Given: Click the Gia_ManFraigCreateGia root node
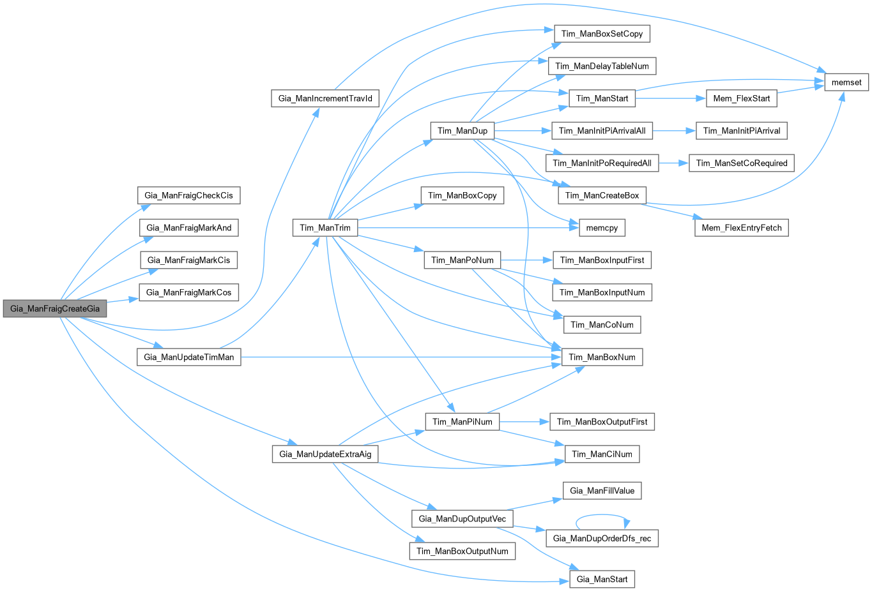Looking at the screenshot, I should tap(55, 309).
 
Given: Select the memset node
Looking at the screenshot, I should tap(846, 82).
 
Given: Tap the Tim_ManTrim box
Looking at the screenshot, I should tap(325, 228).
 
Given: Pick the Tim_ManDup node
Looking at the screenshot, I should tap(462, 131).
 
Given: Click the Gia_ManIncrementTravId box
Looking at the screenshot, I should tap(325, 99).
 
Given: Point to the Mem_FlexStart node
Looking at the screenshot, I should tap(741, 98).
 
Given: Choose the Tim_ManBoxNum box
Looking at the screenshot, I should tap(602, 357).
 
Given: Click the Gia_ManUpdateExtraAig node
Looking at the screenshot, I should tap(325, 454).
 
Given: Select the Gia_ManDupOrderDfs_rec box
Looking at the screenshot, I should tap(602, 539).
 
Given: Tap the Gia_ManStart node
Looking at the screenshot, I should tap(602, 580).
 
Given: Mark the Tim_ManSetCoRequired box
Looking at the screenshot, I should tap(741, 163).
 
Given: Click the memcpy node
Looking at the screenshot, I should tap(602, 228).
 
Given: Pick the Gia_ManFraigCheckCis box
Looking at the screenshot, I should tap(188, 195).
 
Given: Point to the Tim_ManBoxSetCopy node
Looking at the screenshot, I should tap(602, 34).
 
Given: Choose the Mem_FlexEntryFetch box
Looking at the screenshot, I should tap(741, 228).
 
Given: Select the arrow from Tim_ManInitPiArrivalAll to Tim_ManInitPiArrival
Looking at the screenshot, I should tap(673, 131).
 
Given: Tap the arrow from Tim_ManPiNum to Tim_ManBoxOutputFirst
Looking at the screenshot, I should tap(524, 422).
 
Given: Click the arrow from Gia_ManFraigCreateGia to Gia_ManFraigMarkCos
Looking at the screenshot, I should tap(123, 299).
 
